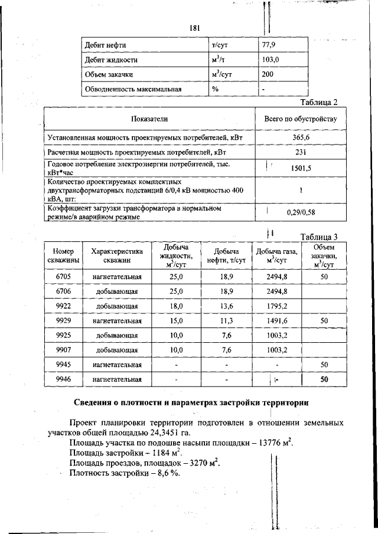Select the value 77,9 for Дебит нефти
point(269,45)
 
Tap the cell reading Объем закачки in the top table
point(108,74)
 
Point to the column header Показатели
point(149,119)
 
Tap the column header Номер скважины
point(63,255)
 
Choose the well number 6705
point(63,277)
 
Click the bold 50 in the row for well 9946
point(324,380)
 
